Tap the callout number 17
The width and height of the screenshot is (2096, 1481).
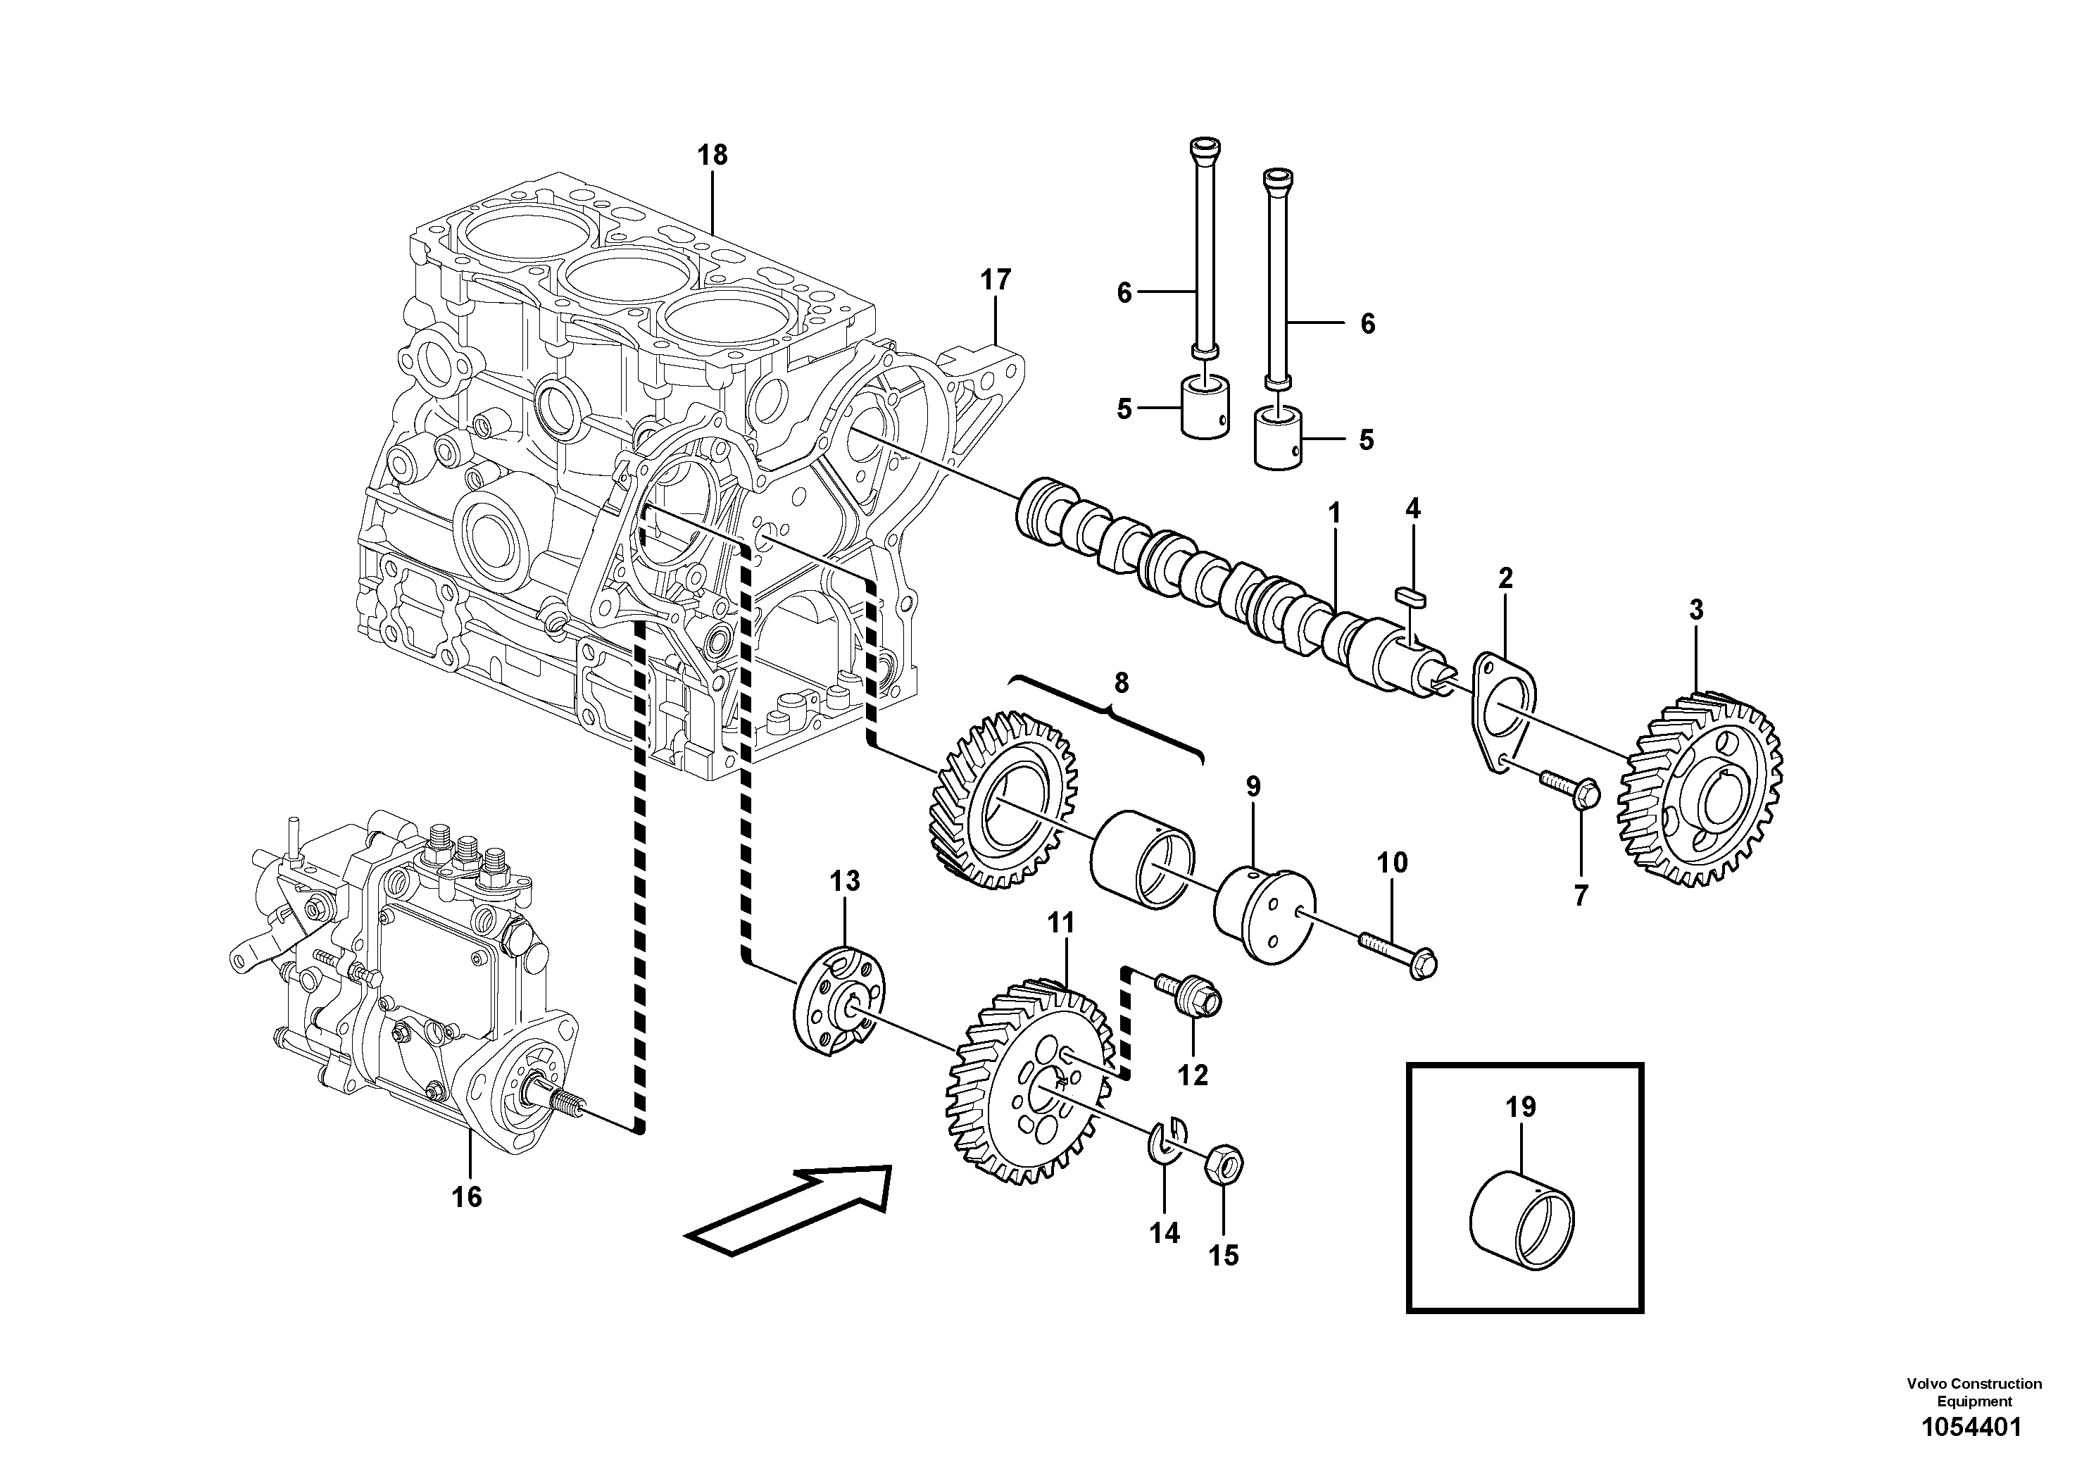996,280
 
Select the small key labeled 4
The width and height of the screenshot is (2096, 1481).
1410,595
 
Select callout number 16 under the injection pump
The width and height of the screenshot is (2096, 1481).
467,1196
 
